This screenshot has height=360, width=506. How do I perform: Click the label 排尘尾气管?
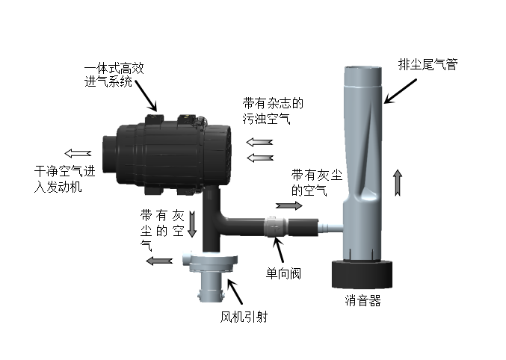[427, 64]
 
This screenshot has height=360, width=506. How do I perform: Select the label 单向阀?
[284, 272]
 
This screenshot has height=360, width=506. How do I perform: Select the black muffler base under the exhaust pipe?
[362, 274]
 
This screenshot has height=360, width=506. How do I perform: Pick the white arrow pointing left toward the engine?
[78, 155]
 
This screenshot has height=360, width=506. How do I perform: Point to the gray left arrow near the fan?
[159, 261]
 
